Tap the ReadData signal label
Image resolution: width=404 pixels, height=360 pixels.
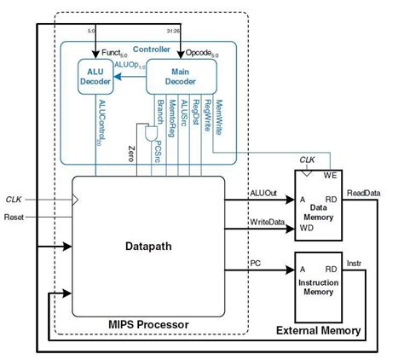[x=365, y=193]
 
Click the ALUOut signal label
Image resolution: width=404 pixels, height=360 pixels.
[x=263, y=193]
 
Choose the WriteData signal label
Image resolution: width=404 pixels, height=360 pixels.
[x=266, y=223]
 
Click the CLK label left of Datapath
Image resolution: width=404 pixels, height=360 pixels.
[x=14, y=200]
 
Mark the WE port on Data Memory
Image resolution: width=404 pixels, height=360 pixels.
[x=332, y=177]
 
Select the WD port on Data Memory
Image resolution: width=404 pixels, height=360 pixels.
[x=303, y=228]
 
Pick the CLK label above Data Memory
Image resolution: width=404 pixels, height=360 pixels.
[x=308, y=158]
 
